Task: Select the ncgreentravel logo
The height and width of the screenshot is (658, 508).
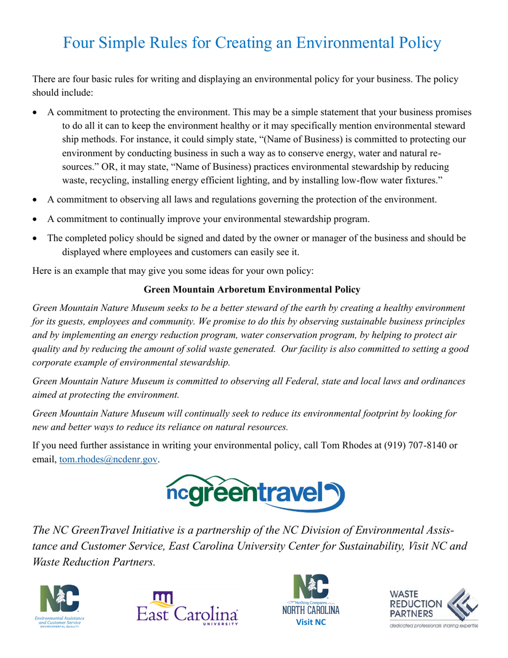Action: point(254,493)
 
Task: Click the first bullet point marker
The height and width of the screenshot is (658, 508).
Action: point(36,113)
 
